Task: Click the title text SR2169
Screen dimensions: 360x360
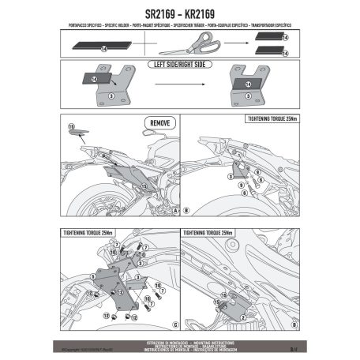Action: pos(144,14)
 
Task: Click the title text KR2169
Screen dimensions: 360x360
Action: pos(212,14)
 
